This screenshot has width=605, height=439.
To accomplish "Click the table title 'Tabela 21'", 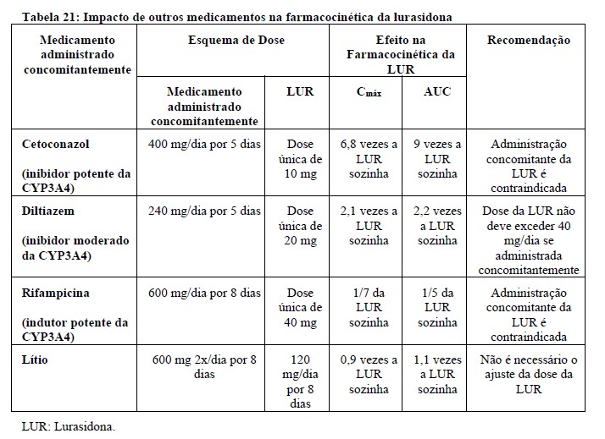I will [x=47, y=16].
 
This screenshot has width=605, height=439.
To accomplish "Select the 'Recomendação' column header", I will [x=530, y=40].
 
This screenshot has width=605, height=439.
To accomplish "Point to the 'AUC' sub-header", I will [x=437, y=91].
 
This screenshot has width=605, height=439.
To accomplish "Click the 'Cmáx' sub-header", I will [x=369, y=92].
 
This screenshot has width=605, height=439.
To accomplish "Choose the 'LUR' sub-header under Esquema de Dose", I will [x=301, y=91].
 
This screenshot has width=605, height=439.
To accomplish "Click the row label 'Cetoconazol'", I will [x=56, y=144].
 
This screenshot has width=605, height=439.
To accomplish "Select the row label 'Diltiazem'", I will [x=50, y=211].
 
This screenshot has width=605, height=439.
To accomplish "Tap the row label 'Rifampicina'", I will [x=55, y=293].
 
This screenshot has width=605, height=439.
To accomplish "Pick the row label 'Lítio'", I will [x=36, y=359].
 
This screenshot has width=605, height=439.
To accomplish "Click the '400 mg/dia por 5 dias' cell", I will [x=205, y=144].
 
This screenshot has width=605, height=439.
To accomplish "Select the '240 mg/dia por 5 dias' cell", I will [x=205, y=211].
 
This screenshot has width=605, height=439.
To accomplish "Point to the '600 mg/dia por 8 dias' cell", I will [x=205, y=293].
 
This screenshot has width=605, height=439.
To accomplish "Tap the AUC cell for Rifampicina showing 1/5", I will [x=437, y=307].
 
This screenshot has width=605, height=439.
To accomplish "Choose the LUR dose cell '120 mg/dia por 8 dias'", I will [x=301, y=381].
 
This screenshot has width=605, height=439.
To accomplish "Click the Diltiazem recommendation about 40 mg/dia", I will [x=529, y=240].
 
